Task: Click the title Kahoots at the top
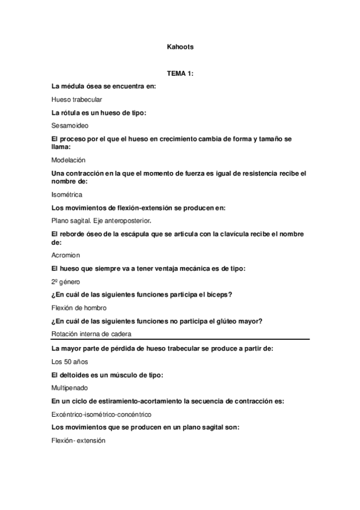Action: click(180, 46)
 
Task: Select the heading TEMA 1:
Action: click(180, 73)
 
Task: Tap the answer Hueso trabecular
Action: click(77, 99)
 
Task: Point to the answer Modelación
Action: click(69, 160)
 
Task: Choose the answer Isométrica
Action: click(67, 194)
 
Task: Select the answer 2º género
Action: click(67, 281)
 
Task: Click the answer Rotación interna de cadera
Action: click(91, 334)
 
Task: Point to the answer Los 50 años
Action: click(70, 362)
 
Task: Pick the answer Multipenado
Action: click(71, 388)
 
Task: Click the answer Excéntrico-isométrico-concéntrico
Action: click(102, 414)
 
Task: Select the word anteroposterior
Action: click(126, 221)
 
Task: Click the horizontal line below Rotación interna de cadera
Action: click(180, 340)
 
